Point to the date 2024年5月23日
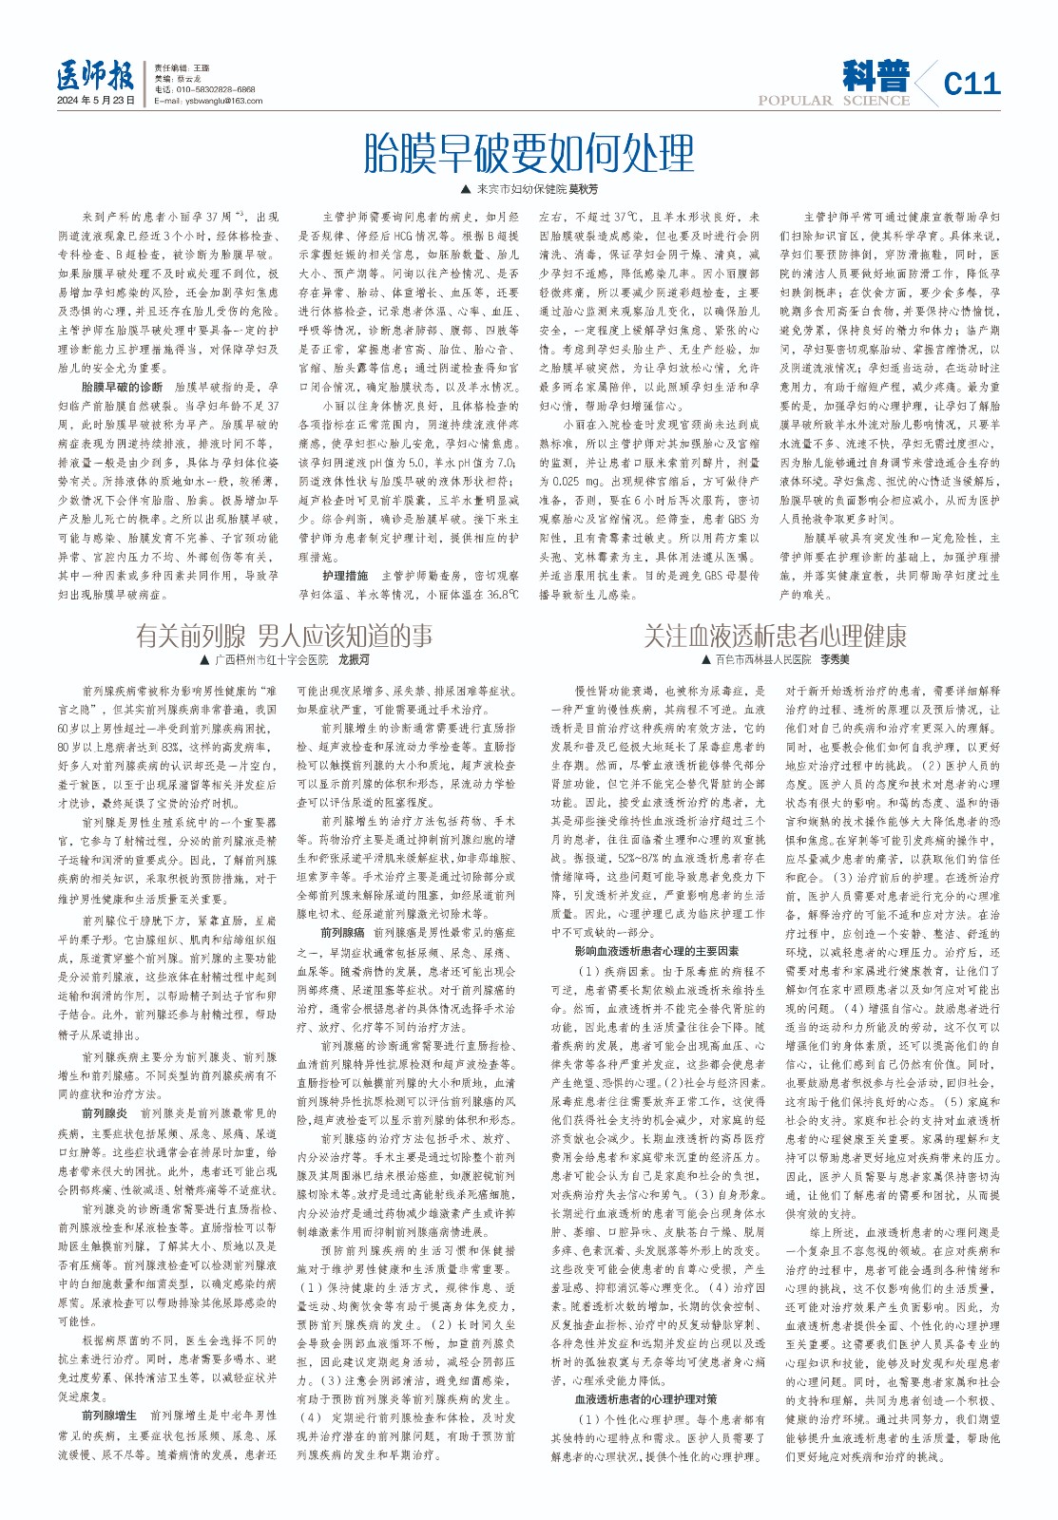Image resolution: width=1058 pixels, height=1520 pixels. [x=95, y=101]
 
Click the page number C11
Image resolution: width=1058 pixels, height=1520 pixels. [x=971, y=84]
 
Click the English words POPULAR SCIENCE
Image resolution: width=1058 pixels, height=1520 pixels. [x=834, y=101]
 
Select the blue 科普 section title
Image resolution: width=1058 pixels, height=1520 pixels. [x=875, y=76]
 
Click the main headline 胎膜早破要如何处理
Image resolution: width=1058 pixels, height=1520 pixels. [x=529, y=153]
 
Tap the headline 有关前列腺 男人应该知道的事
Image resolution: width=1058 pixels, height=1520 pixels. [x=284, y=636]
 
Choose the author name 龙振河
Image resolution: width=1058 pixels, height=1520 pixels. [x=354, y=659]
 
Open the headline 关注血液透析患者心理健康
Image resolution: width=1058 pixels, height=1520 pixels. [x=775, y=636]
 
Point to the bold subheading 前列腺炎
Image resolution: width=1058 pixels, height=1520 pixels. [x=105, y=1112]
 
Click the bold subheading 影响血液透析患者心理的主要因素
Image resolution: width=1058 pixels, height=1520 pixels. [x=656, y=951]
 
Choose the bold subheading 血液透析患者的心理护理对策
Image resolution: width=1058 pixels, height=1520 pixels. [x=645, y=1399]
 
